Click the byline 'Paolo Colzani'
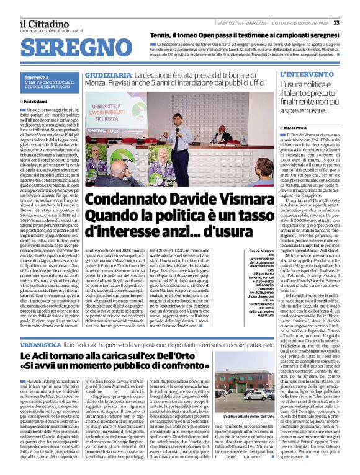click(x=37, y=100)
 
